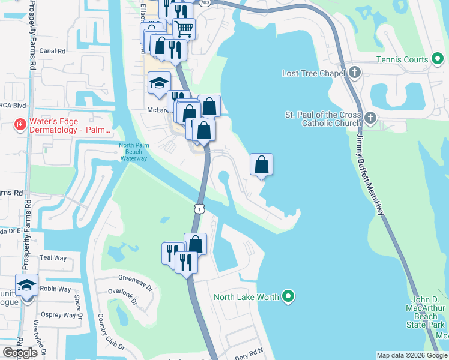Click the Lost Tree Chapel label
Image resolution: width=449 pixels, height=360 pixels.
pyautogui.click(x=313, y=73)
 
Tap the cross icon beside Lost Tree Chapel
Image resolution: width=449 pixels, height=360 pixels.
pyautogui.click(x=355, y=73)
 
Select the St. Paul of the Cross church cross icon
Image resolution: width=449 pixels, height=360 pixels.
pyautogui.click(x=369, y=117)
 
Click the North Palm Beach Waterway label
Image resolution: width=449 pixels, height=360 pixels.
pyautogui.click(x=133, y=152)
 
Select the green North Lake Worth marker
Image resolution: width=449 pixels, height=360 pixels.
pyautogui.click(x=289, y=296)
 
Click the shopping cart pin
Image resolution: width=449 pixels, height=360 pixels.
pyautogui.click(x=184, y=28)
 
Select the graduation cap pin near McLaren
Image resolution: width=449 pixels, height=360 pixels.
pyautogui.click(x=159, y=83)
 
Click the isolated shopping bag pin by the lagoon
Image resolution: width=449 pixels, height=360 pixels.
pyautogui.click(x=262, y=164)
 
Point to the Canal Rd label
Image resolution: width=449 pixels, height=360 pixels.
pyautogui.click(x=52, y=51)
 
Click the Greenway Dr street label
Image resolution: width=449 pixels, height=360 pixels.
pyautogui.click(x=136, y=278)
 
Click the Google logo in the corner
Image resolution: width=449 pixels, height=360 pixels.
pyautogui.click(x=20, y=352)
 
